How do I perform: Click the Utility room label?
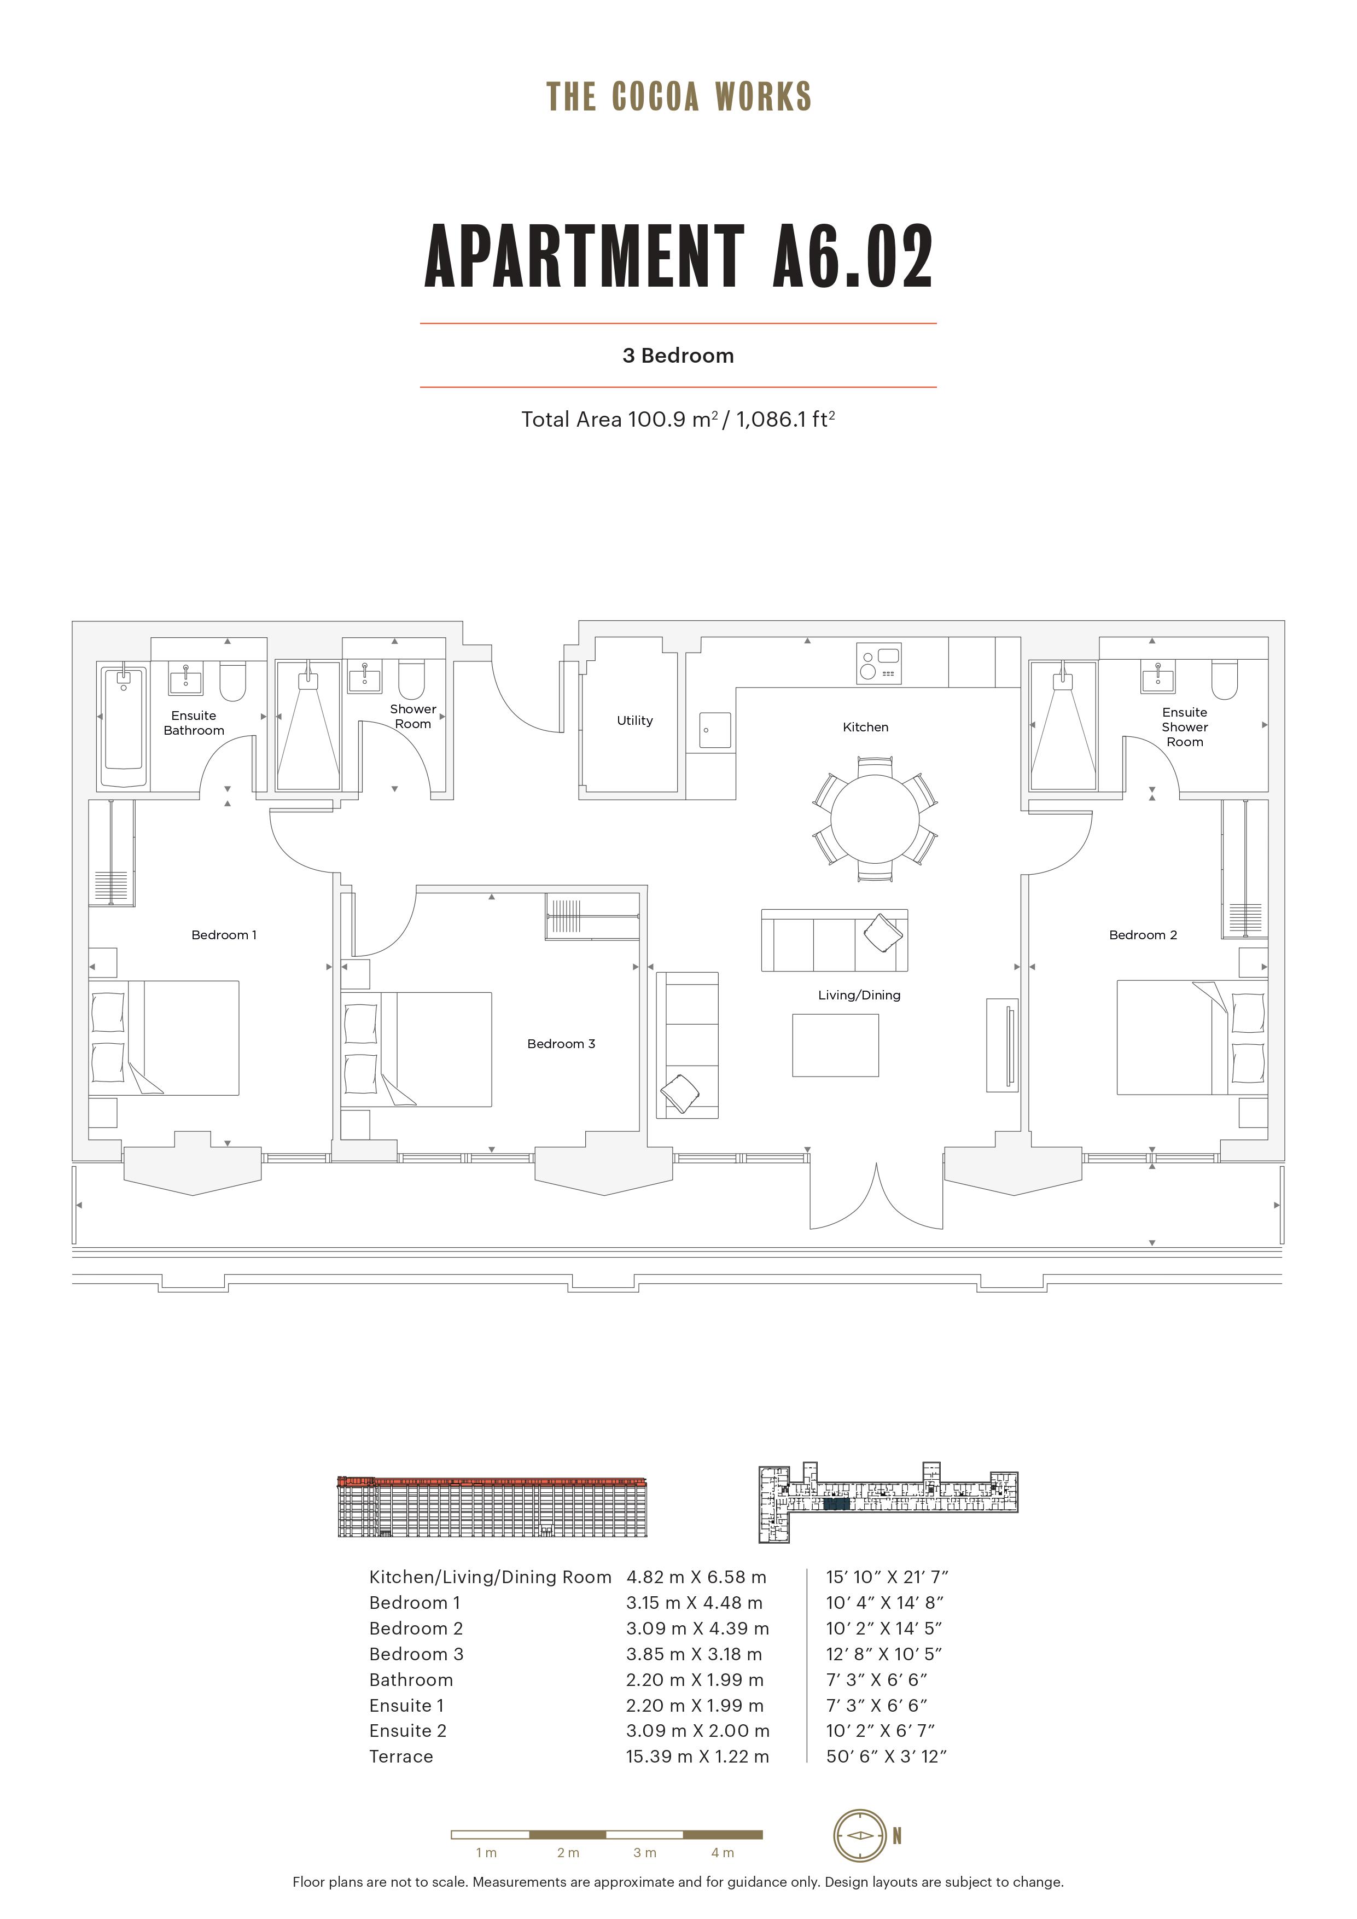click(634, 720)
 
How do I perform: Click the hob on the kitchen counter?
click(879, 663)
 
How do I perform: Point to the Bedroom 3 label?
click(561, 1044)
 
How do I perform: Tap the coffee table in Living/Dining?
click(836, 1045)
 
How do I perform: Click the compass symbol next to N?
click(859, 1835)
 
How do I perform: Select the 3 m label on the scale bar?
click(644, 1853)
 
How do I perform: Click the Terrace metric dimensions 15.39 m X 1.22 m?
click(697, 1757)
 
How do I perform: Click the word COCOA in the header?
click(655, 97)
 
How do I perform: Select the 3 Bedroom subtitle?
click(678, 356)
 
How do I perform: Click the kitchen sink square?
click(715, 730)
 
